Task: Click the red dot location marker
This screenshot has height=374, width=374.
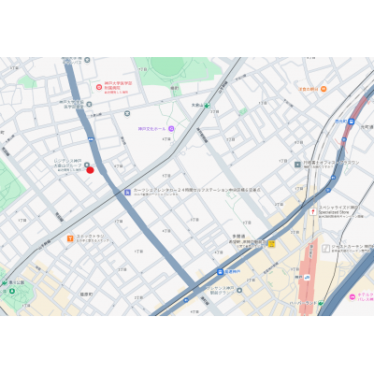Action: tap(90, 170)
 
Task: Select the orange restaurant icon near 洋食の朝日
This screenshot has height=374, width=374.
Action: tap(324, 89)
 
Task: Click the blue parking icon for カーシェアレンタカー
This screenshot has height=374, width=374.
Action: tap(127, 193)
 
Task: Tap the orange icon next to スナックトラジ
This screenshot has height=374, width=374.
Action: tap(70, 238)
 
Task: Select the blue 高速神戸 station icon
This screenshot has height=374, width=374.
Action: tap(209, 272)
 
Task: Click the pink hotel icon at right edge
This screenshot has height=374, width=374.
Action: tap(353, 293)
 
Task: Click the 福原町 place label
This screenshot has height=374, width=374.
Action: tap(87, 295)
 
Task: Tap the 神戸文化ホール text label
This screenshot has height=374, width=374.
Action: tap(152, 127)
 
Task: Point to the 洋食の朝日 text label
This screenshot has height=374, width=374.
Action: tap(306, 89)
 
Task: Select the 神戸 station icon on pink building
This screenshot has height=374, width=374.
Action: tap(307, 277)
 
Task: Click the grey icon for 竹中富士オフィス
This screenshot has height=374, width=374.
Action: tap(296, 164)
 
